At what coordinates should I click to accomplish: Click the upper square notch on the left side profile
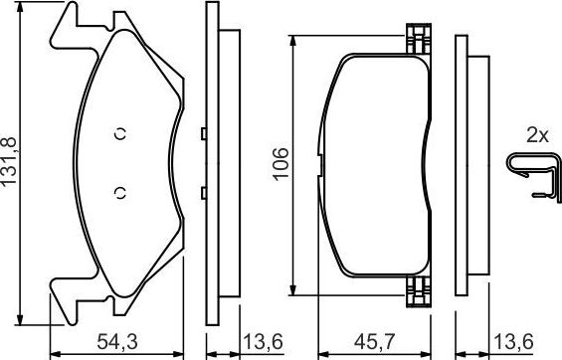[x=202, y=134]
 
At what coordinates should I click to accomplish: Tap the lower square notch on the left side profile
[x=202, y=191]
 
